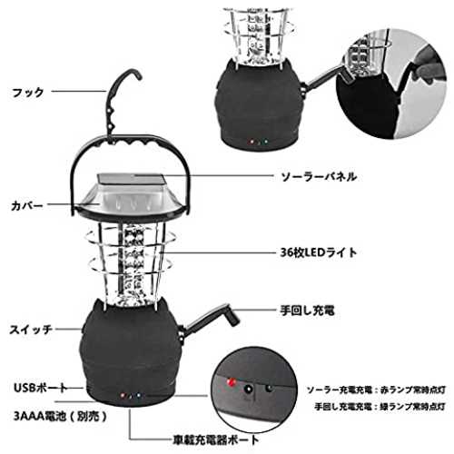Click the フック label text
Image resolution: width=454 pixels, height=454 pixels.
[28, 92]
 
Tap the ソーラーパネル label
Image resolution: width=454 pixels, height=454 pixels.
[319, 176]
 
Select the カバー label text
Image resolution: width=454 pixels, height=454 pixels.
[26, 206]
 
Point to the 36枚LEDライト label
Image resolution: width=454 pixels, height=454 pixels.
[319, 252]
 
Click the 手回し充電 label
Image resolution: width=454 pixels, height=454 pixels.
[307, 311]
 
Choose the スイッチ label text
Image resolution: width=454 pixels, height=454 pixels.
[31, 330]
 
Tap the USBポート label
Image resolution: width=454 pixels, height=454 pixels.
[41, 388]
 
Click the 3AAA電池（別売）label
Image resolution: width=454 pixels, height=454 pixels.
[61, 417]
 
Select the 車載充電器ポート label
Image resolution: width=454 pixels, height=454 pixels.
[216, 440]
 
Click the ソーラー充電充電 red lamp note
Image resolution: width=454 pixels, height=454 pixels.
[376, 390]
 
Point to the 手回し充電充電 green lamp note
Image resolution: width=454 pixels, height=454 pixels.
[380, 407]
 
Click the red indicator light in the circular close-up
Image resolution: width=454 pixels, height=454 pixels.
[232, 382]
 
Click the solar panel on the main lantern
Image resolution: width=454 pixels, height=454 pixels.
[132, 180]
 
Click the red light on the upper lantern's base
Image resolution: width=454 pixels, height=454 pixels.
[251, 142]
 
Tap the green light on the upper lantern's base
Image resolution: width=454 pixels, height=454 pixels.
[265, 141]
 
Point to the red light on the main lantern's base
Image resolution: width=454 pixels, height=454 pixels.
[123, 395]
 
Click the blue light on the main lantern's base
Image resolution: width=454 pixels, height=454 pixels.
[138, 395]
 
